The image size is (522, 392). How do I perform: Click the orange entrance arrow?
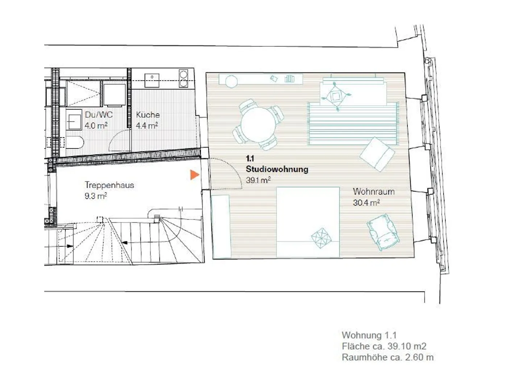pyautogui.click(x=194, y=175)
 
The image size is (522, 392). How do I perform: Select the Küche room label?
pyautogui.click(x=148, y=115)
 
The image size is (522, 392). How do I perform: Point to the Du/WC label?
pyautogui.click(x=99, y=115)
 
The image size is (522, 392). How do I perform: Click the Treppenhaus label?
pyautogui.click(x=109, y=185)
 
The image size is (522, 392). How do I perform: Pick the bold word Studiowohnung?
pyautogui.click(x=277, y=169)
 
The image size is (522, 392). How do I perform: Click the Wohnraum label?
pyautogui.click(x=374, y=192)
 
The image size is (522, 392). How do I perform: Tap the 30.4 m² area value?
pyautogui.click(x=366, y=203)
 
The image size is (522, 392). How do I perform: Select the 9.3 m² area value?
pyautogui.click(x=96, y=196)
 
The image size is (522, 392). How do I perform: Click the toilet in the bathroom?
pyautogui.click(x=74, y=142)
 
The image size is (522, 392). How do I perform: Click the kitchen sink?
pyautogui.click(x=152, y=80)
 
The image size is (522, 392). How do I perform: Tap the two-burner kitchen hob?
pyautogui.click(x=183, y=78)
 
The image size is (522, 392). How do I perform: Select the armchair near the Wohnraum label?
pyautogui.click(x=383, y=232)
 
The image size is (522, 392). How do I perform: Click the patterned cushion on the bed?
pyautogui.click(x=322, y=238)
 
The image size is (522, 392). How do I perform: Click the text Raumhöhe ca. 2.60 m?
pyautogui.click(x=388, y=357)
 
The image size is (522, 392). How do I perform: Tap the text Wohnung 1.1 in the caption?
pyautogui.click(x=369, y=335)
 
